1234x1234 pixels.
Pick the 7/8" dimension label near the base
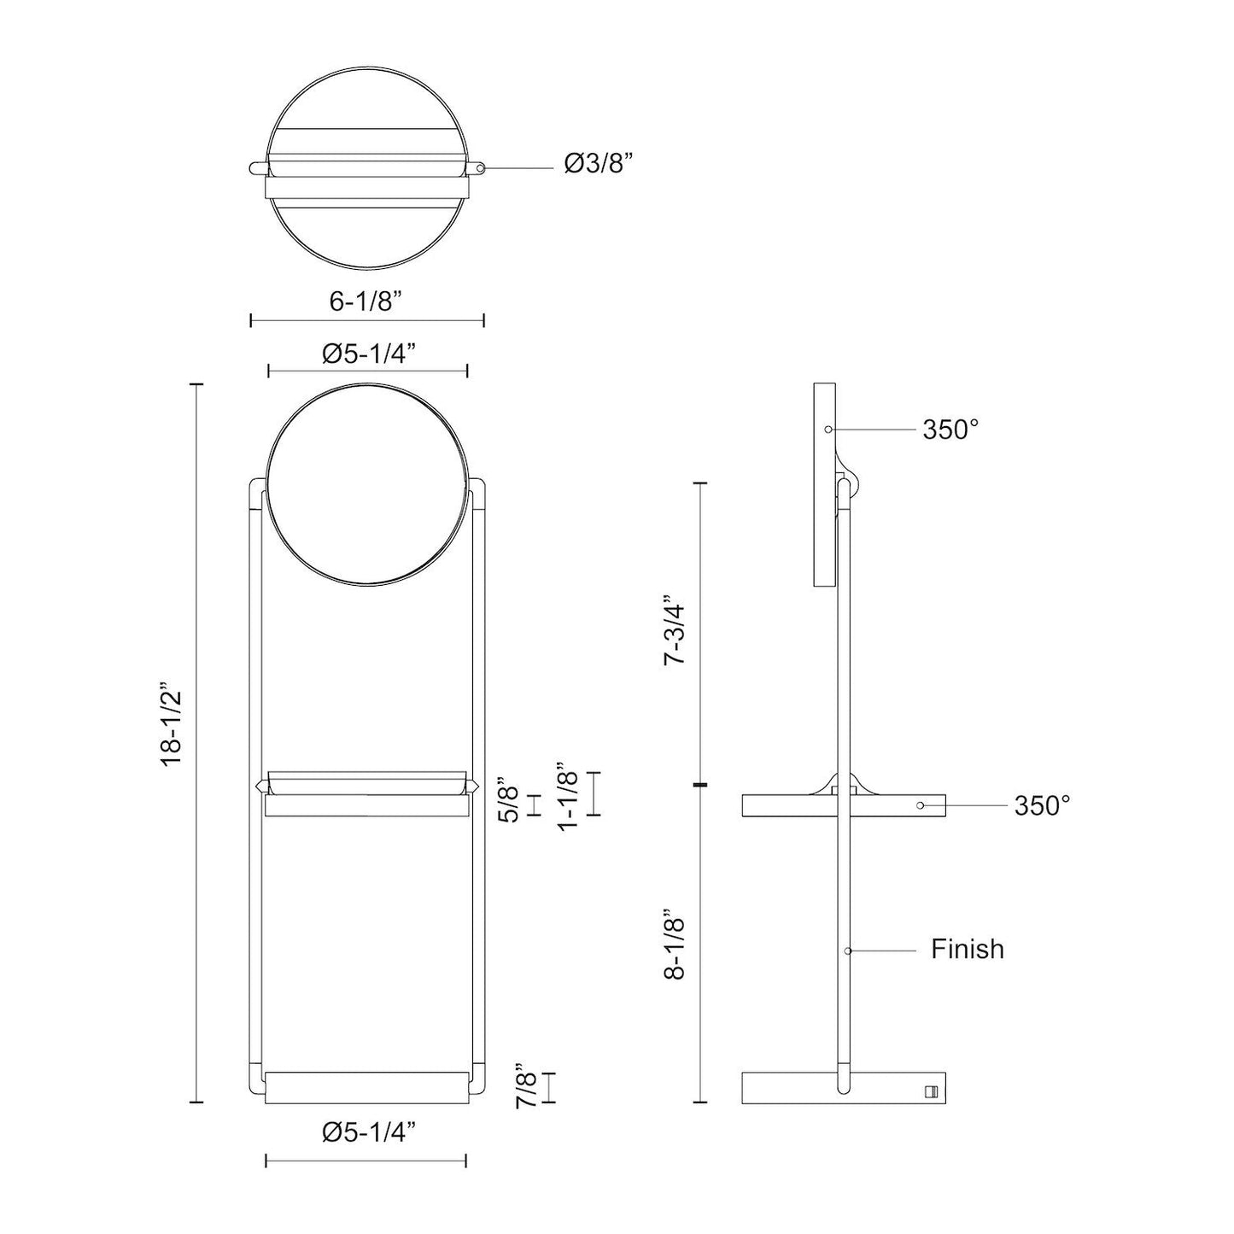[527, 1085]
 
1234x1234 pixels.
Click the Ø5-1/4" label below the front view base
[368, 1132]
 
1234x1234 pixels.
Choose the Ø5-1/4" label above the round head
[368, 354]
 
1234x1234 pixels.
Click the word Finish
[967, 949]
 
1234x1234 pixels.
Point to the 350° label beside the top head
[950, 430]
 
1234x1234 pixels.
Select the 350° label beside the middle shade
[1042, 805]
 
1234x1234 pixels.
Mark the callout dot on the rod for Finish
[847, 950]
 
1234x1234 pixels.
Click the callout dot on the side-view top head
[828, 429]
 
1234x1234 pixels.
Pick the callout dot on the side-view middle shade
[920, 805]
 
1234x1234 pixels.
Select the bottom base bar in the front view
[367, 1086]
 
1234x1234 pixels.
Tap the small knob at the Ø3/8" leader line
[482, 168]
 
